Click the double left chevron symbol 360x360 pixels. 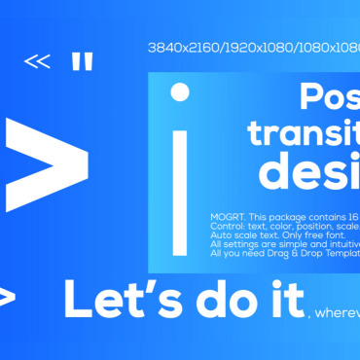click(37, 62)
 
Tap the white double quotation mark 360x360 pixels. click(83, 62)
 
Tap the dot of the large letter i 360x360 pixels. click(180, 92)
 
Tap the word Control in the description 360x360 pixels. click(228, 226)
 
